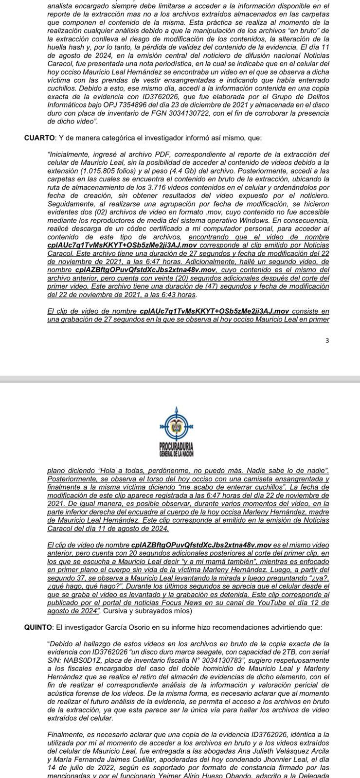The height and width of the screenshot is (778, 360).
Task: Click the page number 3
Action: pos(327,340)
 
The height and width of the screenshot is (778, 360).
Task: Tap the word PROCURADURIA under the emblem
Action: pos(176,446)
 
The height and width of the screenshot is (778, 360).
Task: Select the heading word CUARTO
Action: pos(40,138)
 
